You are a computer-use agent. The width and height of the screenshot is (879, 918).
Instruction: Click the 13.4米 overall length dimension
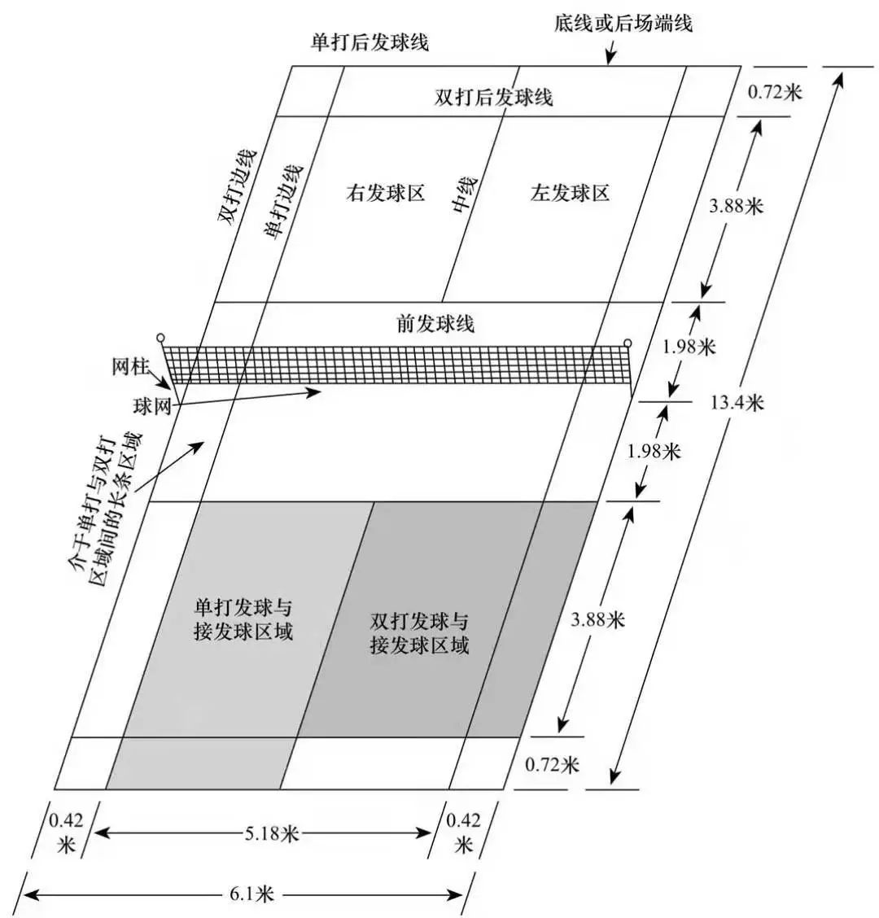[x=737, y=403]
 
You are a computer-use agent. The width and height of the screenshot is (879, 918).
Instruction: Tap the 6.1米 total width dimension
[x=251, y=894]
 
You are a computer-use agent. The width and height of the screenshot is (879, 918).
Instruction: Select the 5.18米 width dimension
[x=271, y=833]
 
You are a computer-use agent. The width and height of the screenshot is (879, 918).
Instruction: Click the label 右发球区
[x=385, y=193]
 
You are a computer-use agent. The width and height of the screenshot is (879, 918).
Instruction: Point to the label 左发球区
[x=570, y=193]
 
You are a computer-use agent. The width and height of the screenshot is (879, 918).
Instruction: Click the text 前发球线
[x=435, y=323]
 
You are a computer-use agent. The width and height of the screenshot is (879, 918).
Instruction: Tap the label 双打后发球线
[x=494, y=97]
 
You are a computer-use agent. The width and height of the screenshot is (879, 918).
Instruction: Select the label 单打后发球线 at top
[x=370, y=42]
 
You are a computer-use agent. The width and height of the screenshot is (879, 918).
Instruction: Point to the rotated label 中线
[x=465, y=195]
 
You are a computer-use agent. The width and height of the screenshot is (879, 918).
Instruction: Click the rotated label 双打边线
[x=238, y=186]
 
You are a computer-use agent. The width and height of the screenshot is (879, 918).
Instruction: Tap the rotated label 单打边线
[x=284, y=201]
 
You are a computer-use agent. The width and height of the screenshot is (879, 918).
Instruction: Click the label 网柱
[x=131, y=367]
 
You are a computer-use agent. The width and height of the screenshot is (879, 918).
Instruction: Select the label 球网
[x=151, y=406]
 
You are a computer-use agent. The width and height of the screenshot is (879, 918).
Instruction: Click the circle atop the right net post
[x=628, y=343]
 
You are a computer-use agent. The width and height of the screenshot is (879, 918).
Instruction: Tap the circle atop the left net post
[x=160, y=338]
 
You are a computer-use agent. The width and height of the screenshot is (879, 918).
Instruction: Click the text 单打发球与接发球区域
[x=243, y=619]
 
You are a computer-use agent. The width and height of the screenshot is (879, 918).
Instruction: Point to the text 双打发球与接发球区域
[x=419, y=633]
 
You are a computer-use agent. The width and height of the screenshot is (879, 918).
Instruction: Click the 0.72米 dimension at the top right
[x=775, y=92]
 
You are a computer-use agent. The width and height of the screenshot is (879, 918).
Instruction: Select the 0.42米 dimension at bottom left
[x=66, y=833]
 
